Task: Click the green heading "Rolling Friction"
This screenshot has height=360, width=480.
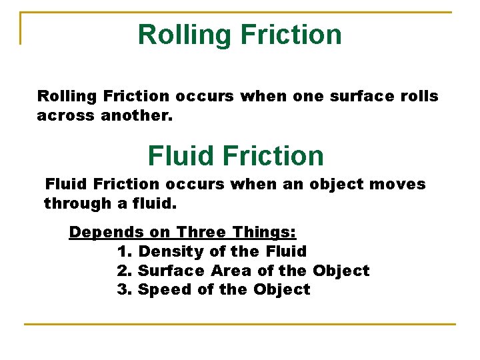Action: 239,34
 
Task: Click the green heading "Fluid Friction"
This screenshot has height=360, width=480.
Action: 235,156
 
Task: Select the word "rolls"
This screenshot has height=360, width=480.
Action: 419,96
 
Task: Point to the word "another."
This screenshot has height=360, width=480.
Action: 137,115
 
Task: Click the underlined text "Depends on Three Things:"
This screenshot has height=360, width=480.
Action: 183,232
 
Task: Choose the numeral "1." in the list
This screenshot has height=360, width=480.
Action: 125,251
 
